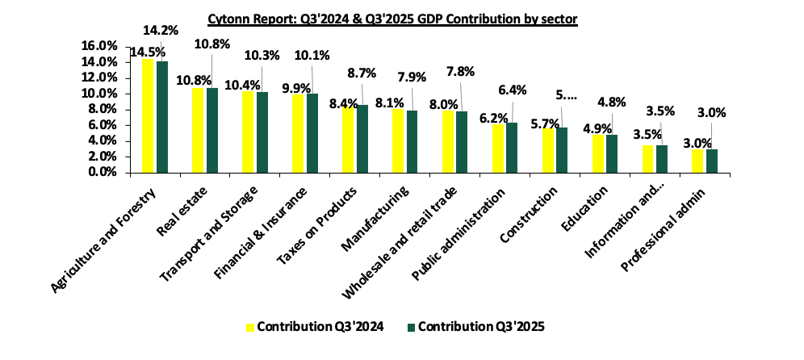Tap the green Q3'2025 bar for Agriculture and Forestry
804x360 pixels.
(162, 117)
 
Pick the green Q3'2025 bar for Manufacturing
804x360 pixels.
(412, 141)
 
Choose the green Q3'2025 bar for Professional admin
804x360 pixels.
(712, 161)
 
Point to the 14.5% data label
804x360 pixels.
(144, 50)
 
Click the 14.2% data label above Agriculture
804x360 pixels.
(160, 31)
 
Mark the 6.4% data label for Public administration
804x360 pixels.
(512, 90)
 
